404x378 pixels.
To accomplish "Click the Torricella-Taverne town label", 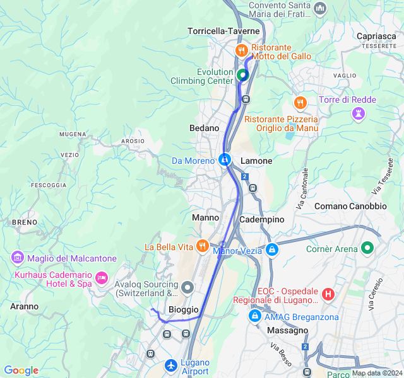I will tap(223, 31).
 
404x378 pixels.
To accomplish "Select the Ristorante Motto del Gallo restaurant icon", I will tap(241, 50).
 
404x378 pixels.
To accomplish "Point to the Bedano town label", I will tap(204, 128).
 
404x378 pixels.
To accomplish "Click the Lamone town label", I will tap(256, 161).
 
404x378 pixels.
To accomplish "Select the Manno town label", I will tap(205, 218).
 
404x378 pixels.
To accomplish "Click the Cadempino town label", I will tap(262, 219).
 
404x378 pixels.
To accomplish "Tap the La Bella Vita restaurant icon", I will tap(202, 246).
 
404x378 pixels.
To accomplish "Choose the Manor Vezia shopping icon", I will tap(271, 249).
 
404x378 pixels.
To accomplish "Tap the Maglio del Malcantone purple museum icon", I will tap(17, 258).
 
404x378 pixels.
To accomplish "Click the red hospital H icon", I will tap(328, 294).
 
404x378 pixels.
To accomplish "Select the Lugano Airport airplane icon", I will tap(170, 365).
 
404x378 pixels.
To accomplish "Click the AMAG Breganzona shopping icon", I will tap(254, 316).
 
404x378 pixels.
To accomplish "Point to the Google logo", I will tap(21, 370).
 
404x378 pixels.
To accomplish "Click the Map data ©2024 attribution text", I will tap(377, 373).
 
